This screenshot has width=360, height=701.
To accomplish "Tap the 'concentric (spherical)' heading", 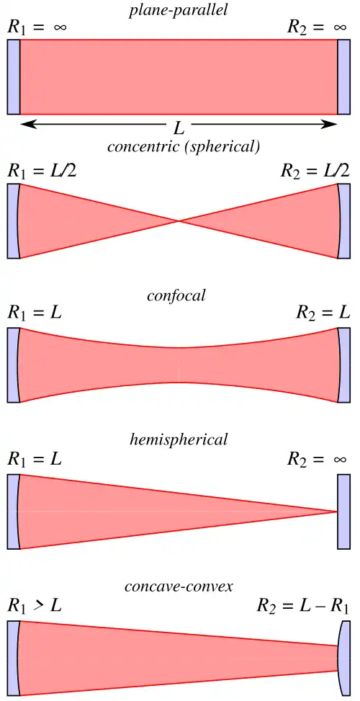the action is [x=183, y=147].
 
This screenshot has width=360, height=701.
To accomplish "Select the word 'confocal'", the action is [x=176, y=295].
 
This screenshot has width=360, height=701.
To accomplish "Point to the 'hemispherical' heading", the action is [x=179, y=439].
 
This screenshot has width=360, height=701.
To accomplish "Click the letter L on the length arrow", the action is [x=179, y=128].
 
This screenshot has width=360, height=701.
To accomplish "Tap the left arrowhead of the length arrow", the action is [x=27, y=124].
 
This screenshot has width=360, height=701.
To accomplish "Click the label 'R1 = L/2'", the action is [x=42, y=171].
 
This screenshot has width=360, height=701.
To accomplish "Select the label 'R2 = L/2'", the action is [x=315, y=171].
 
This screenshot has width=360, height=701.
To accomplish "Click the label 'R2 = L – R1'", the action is [x=303, y=607].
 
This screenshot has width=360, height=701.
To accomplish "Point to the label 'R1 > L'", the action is [x=34, y=607].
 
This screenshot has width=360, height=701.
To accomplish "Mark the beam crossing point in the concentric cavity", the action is [x=179, y=221].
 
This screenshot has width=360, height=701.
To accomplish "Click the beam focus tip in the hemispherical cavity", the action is [x=336, y=512].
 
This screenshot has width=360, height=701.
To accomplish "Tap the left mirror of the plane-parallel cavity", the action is [x=14, y=77].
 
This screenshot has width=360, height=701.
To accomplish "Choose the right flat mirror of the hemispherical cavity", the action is [x=343, y=512].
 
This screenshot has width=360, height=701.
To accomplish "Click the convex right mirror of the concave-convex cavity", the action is [x=345, y=658].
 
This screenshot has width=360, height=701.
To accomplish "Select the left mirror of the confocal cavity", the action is [x=13, y=365].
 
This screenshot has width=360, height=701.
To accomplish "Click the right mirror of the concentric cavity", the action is [x=344, y=221].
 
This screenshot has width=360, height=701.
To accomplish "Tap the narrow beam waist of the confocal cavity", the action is [x=179, y=365].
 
